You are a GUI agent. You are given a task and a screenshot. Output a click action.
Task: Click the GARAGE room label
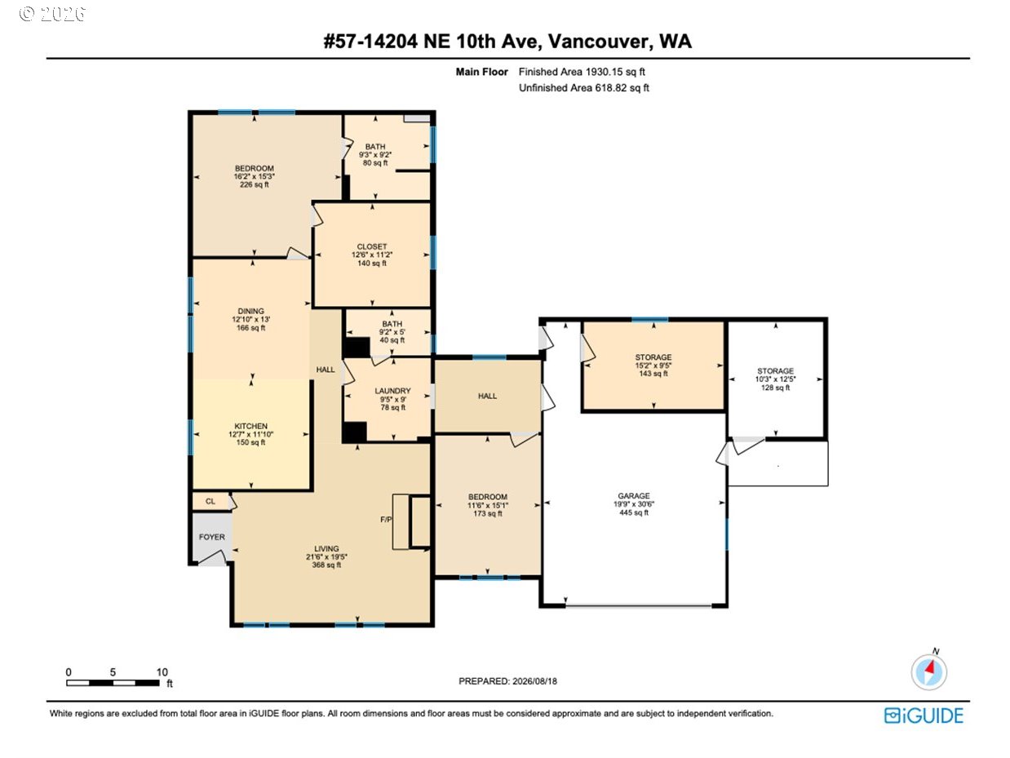[634, 495]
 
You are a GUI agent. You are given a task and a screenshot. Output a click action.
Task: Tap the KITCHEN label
[250, 426]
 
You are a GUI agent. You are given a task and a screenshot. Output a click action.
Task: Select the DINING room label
[250, 311]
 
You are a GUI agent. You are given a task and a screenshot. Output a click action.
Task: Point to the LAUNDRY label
[392, 391]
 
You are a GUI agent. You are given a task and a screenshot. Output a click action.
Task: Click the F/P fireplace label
[386, 520]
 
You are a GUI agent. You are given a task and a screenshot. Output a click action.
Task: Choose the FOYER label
[211, 537]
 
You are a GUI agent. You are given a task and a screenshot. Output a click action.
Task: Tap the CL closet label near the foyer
[210, 501]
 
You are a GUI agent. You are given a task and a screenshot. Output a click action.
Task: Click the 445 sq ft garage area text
[634, 512]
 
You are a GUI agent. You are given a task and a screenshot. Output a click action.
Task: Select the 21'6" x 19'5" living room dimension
[326, 557]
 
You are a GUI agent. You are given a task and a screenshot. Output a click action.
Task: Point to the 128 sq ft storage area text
[775, 388]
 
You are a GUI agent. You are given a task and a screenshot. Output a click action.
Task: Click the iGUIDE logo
[924, 716]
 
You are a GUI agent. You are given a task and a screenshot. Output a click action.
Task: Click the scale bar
[113, 683]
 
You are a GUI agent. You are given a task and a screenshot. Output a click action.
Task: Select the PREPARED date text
[507, 681]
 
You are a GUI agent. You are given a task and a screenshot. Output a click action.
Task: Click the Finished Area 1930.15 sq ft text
[582, 72]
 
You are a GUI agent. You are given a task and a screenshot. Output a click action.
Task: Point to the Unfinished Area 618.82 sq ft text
[584, 87]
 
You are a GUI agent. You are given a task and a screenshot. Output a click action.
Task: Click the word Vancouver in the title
[600, 42]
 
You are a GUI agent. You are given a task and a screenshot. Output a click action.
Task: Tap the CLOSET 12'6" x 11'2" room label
[372, 255]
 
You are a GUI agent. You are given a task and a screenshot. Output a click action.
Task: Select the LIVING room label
[326, 548]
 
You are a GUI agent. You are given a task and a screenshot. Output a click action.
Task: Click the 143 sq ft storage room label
[653, 374]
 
